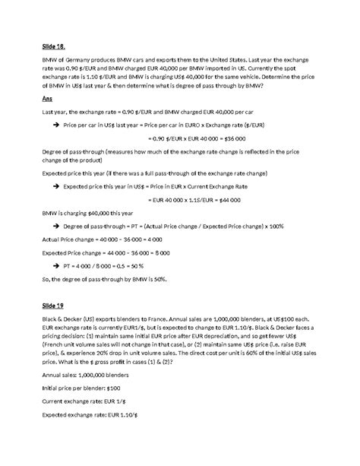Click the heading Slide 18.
coord(53,46)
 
